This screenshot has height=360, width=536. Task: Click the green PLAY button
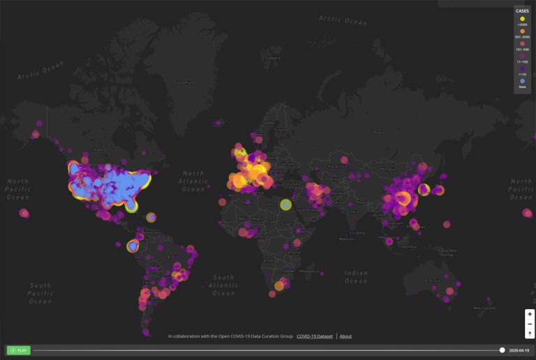(x=19, y=350)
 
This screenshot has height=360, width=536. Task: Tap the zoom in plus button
(x=530, y=315)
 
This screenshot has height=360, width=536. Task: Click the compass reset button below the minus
(x=530, y=333)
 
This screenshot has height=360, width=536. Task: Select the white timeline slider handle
(x=502, y=350)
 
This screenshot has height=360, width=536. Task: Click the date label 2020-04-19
(x=520, y=350)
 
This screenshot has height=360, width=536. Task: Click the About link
(x=345, y=336)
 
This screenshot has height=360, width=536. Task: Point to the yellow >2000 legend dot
(x=522, y=19)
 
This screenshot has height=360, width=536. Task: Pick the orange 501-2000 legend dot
(x=522, y=31)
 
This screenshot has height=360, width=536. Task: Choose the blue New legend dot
(x=522, y=81)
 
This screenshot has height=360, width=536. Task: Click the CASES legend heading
(x=522, y=11)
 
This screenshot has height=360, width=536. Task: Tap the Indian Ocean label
(x=356, y=277)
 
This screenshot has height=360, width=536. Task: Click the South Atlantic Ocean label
(x=223, y=285)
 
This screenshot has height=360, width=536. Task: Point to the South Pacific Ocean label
(x=40, y=293)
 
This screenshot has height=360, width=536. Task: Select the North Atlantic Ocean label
(x=193, y=181)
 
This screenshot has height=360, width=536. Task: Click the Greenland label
(x=186, y=82)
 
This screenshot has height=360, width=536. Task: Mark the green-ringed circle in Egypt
(x=285, y=204)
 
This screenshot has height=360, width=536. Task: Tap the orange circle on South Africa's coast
(x=279, y=285)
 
